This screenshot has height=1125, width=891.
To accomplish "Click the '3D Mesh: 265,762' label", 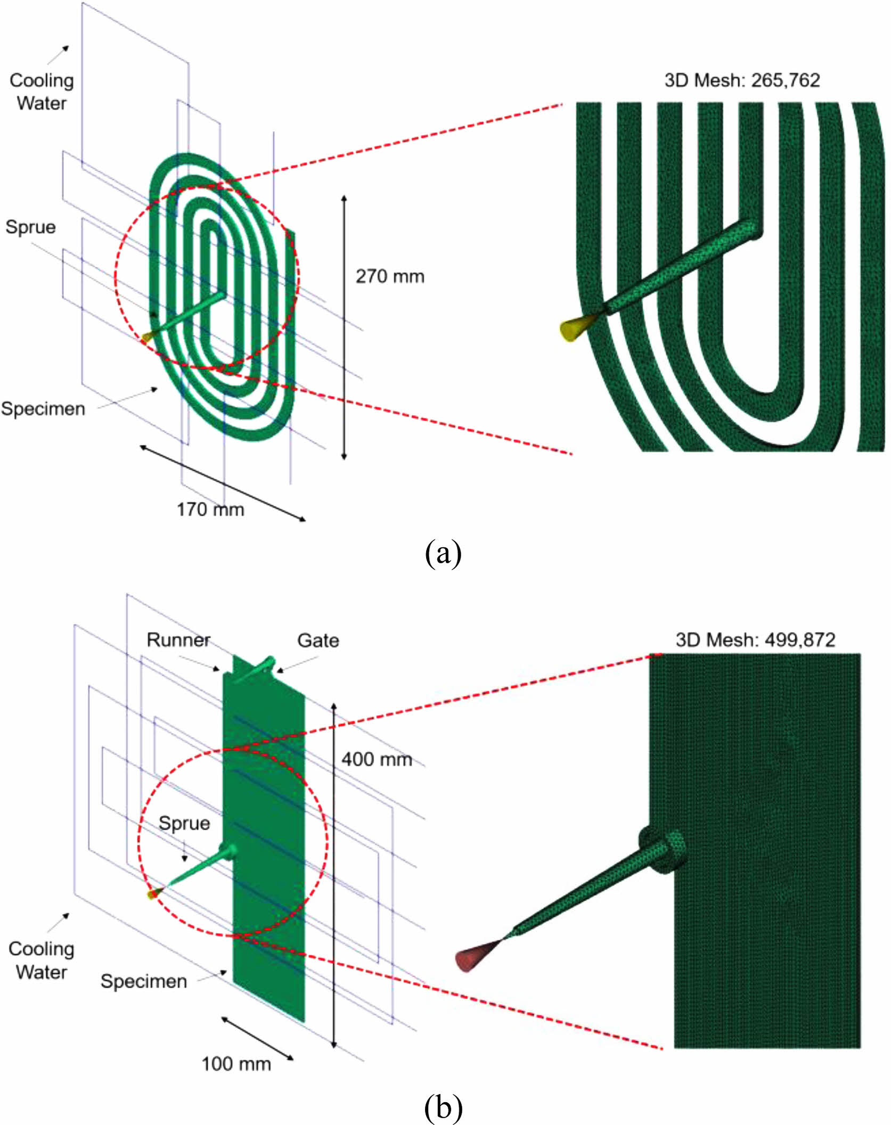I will click(741, 80).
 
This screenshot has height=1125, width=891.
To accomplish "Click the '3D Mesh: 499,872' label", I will click(755, 639).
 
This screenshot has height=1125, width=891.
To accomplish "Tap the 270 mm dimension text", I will click(390, 276).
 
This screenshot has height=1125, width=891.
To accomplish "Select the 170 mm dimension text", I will click(210, 510).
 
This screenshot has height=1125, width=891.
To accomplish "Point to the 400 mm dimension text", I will click(377, 759).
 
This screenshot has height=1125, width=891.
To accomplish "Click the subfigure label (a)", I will click(443, 553).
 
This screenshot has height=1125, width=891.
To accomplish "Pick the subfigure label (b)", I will click(443, 1107).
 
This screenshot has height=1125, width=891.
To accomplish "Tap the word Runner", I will click(178, 639).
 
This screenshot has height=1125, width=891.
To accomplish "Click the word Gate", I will click(318, 640).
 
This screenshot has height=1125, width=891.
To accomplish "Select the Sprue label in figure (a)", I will click(30, 227).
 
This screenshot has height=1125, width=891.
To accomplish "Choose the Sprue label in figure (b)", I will click(184, 823).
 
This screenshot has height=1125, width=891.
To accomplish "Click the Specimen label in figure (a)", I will click(43, 409).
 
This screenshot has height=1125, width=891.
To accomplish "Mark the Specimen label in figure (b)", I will click(144, 981).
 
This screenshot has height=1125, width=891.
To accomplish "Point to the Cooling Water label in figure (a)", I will click(42, 92).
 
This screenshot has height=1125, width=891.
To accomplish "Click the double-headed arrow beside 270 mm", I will click(344, 327).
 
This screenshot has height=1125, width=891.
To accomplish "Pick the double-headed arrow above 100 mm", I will click(257, 1038).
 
